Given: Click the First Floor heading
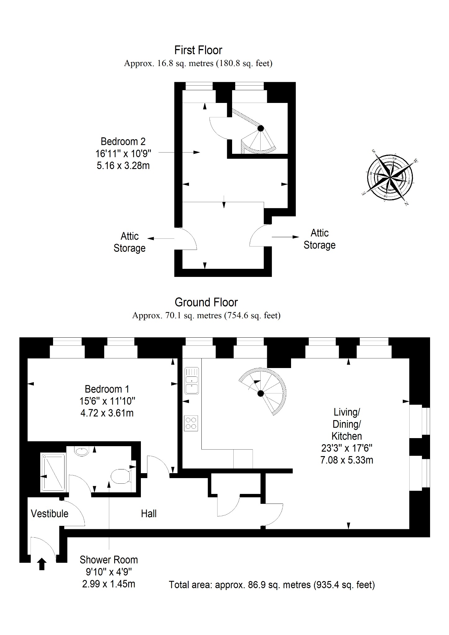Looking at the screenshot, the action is [x=198, y=50].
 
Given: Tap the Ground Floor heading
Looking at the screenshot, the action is [x=206, y=302].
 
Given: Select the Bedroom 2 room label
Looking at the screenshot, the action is [x=123, y=141].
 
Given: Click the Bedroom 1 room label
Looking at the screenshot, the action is [x=107, y=389].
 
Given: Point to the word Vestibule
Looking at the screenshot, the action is [x=50, y=513].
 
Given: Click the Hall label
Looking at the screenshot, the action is [x=149, y=514].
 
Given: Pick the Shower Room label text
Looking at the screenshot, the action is [x=109, y=560].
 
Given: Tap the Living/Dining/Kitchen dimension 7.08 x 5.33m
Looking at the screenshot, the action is [x=347, y=460].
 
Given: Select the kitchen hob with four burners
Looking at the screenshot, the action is [x=191, y=423].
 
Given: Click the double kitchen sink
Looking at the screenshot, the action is [x=192, y=380].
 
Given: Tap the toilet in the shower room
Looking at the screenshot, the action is [x=121, y=476].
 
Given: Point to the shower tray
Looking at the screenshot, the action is [x=53, y=473].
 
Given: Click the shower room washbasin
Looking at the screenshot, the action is [x=82, y=451].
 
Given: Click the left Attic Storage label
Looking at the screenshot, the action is [x=129, y=242].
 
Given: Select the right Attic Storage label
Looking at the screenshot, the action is [x=320, y=239].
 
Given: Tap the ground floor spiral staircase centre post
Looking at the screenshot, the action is [x=261, y=393].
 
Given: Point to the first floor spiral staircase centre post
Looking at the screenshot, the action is [x=261, y=128].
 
